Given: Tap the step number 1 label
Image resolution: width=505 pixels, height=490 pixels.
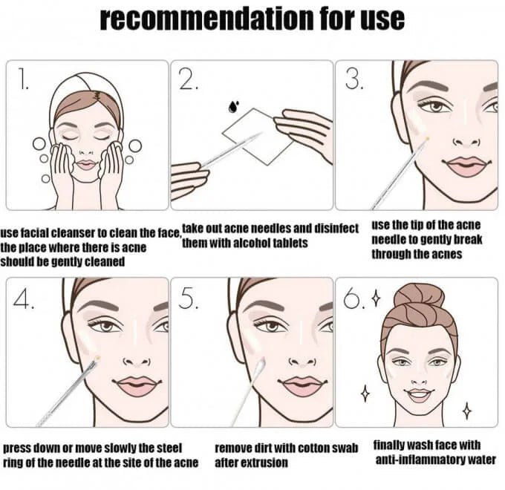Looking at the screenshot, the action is [23, 79].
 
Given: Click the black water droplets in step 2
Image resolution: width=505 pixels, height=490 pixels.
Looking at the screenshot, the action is [233, 107].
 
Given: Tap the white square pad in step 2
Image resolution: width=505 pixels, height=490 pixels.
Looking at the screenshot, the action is [258, 137].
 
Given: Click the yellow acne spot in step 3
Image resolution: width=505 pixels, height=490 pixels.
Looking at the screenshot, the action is [428, 138].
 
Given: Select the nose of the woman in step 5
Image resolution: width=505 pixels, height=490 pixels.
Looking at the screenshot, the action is [302, 362].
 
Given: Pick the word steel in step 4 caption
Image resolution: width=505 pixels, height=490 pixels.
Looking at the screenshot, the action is [170, 448].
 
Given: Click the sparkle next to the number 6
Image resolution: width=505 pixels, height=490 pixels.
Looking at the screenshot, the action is [376, 298].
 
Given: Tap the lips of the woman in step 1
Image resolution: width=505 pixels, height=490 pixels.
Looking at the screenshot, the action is [85, 165].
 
